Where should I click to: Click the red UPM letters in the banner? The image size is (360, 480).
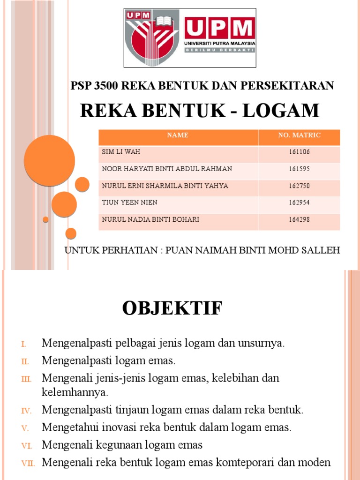(x=219, y=30)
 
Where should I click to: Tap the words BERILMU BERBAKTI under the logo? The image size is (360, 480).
(x=219, y=50)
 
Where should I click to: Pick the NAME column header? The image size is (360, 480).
(x=178, y=135)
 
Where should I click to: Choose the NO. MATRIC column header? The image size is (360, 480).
(x=299, y=135)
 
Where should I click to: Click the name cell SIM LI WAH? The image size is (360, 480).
(x=121, y=152)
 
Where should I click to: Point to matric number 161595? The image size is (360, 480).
(x=299, y=169)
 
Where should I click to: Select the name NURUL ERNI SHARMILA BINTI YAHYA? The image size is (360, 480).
(x=165, y=186)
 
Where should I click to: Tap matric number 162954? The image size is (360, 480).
(x=299, y=202)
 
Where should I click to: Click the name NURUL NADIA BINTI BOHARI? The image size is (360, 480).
(x=150, y=219)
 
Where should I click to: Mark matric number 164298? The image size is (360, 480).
(x=299, y=219)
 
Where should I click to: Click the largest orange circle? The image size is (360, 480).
(x=49, y=160)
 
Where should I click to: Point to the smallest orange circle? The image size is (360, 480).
(x=45, y=219)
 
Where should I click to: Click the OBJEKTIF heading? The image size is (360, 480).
(x=172, y=309)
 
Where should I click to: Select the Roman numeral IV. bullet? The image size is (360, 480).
(x=26, y=411)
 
